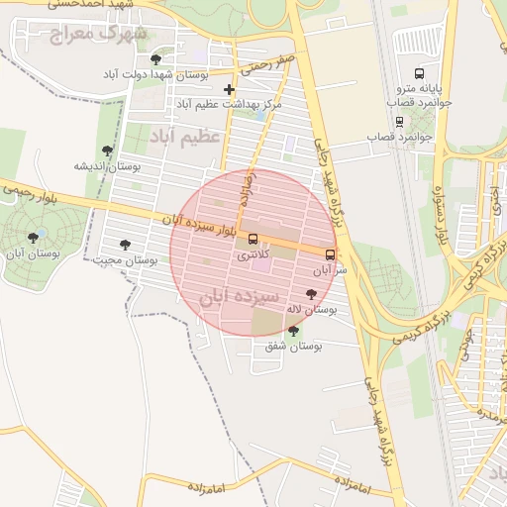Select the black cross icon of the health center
tap(229, 89)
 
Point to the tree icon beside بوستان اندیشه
tap(107, 151)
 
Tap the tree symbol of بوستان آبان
tap(35, 238)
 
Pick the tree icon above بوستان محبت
tap(124, 245)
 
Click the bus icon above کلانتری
tap(253, 239)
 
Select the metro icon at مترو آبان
tap(330, 253)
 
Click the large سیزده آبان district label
tap(241, 296)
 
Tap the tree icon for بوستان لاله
tap(312, 294)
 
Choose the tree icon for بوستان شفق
tap(292, 331)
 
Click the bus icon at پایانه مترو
tap(419, 73)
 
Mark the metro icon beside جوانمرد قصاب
tap(399, 122)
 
